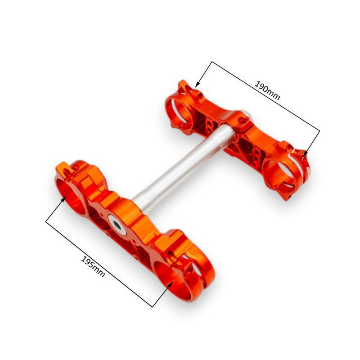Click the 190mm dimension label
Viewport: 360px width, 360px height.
point(267,91)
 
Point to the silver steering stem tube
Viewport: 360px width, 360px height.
point(184,166)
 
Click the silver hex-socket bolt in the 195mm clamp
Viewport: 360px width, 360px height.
point(117,225)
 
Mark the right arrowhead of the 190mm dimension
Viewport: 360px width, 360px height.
point(305,154)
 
